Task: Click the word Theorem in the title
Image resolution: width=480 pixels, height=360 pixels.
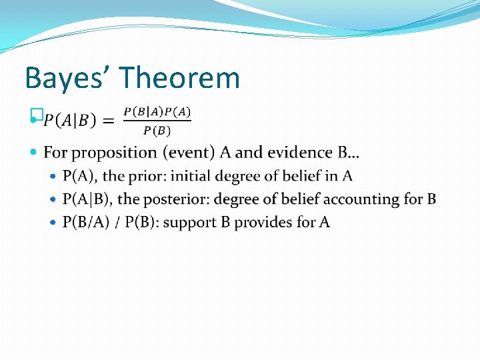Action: point(181,78)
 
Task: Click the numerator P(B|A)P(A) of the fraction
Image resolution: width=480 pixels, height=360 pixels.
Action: point(157,111)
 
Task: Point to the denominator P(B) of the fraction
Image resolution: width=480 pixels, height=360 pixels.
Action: point(157,130)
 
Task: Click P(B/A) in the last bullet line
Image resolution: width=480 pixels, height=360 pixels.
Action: point(83,222)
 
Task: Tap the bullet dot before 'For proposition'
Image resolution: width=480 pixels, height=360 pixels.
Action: point(35,153)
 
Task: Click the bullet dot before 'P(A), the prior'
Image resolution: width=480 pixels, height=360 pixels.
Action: point(54,177)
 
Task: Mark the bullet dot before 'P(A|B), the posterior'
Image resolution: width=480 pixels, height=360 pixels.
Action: point(54,199)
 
